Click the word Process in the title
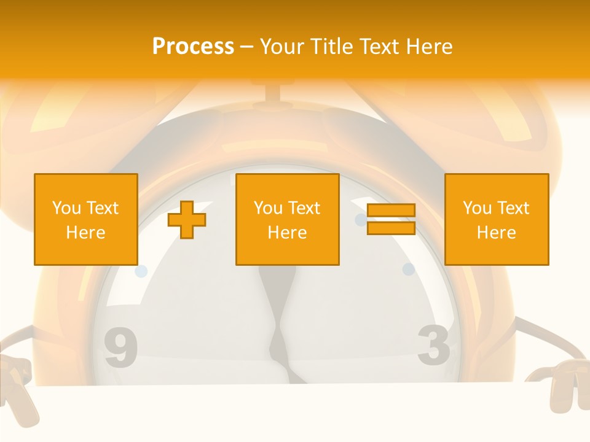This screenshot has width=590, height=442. (x=193, y=47)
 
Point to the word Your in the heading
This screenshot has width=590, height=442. (x=283, y=47)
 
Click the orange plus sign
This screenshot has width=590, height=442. (x=187, y=220)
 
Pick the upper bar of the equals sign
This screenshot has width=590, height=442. (x=391, y=211)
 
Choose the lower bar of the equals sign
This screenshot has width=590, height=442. (x=391, y=228)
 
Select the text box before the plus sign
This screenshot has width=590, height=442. (x=85, y=219)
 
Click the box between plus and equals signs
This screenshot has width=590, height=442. (x=287, y=219)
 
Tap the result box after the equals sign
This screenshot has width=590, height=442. (x=496, y=219)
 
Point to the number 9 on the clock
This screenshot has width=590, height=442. (x=120, y=349)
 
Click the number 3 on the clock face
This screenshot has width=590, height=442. (x=434, y=344)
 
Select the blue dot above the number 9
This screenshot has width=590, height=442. (x=141, y=271)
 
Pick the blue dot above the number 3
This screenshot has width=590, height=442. (x=408, y=269)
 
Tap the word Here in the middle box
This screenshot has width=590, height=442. (x=287, y=233)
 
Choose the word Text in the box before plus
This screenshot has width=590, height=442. (x=103, y=208)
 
